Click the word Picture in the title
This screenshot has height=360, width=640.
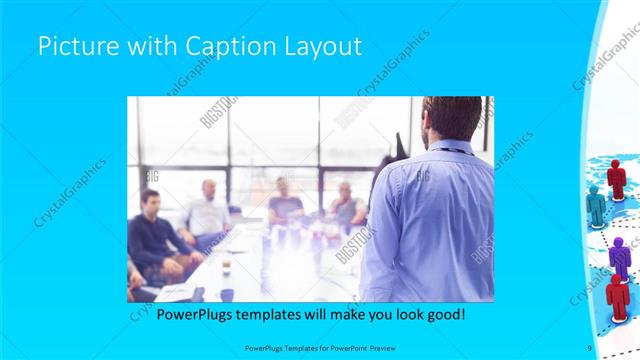tap(73, 46)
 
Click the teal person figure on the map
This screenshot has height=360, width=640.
tap(597, 206)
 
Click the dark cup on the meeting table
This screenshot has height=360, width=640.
tap(227, 294)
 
